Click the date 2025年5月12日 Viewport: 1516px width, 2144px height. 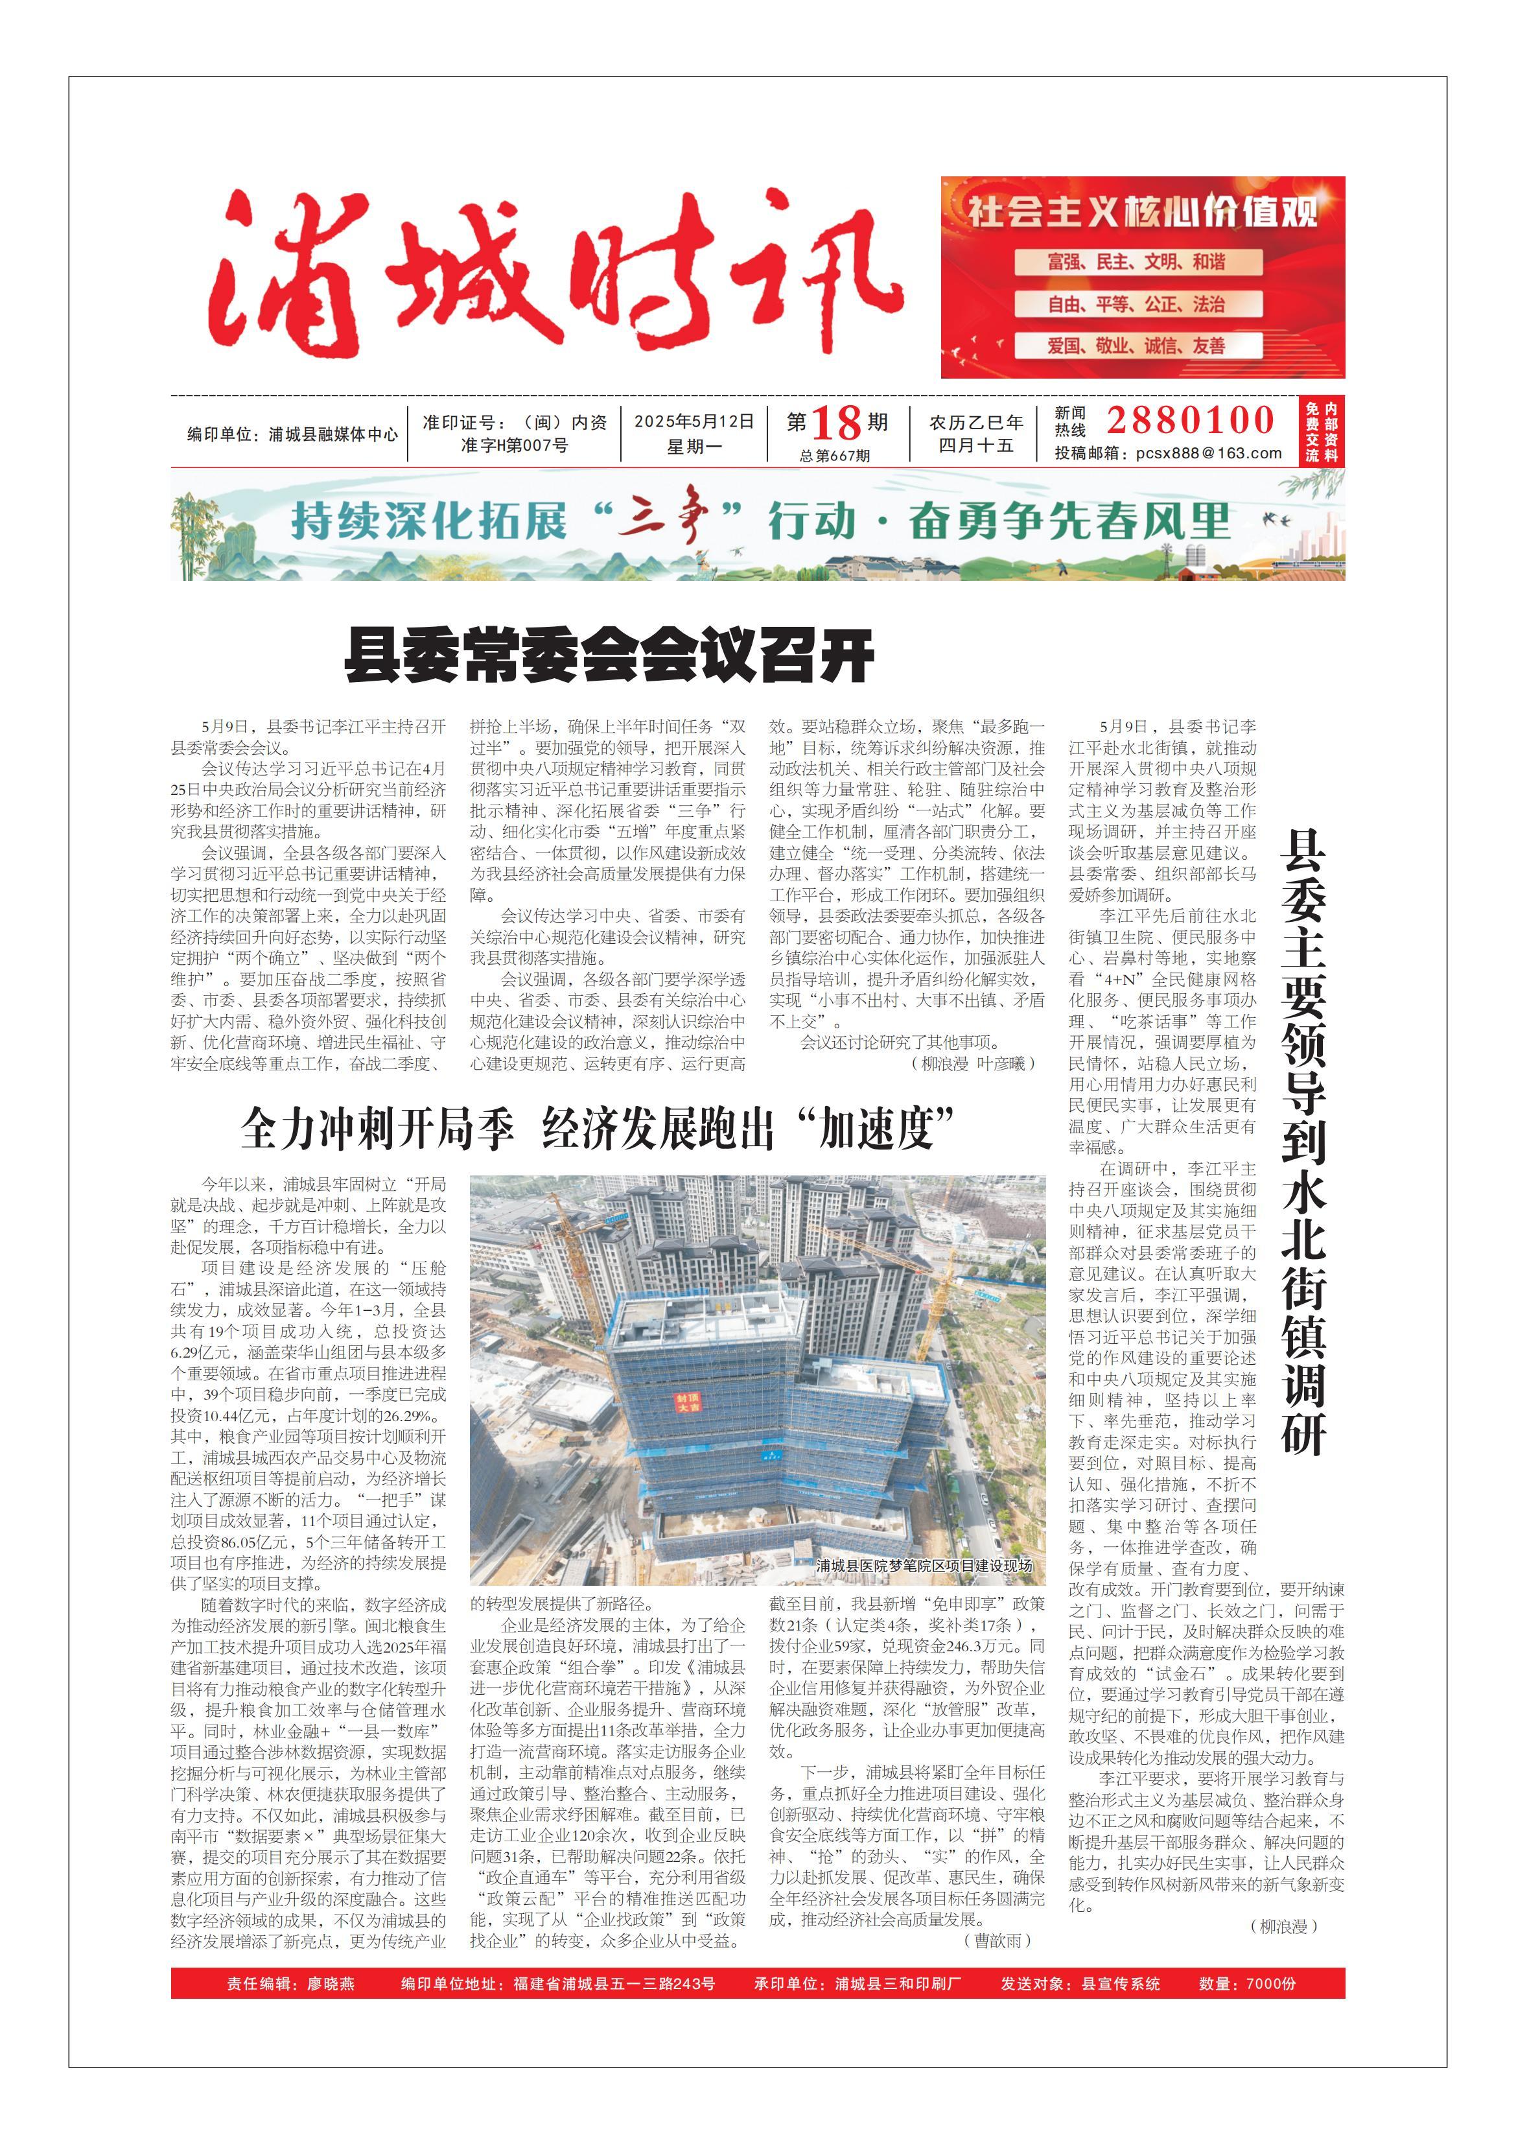tap(694, 422)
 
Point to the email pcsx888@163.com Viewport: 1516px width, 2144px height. tap(1209, 454)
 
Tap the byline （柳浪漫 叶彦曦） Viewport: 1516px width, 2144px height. tap(972, 1064)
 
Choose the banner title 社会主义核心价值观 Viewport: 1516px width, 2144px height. tap(1143, 211)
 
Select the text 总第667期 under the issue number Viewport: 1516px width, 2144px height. tap(835, 456)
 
